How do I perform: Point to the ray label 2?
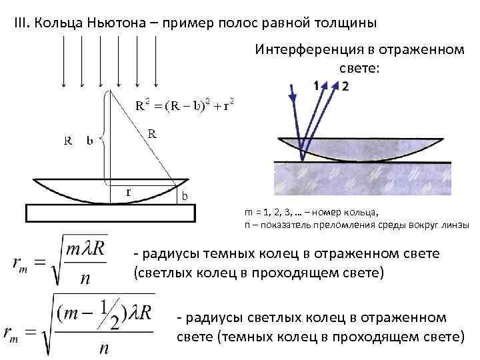(x=345, y=85)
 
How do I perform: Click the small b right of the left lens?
(x=185, y=195)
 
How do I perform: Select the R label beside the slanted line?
(x=152, y=133)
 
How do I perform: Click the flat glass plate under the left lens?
(x=111, y=212)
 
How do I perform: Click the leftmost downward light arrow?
(x=63, y=60)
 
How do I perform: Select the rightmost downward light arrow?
(x=157, y=60)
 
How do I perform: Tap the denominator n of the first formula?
(x=85, y=278)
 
